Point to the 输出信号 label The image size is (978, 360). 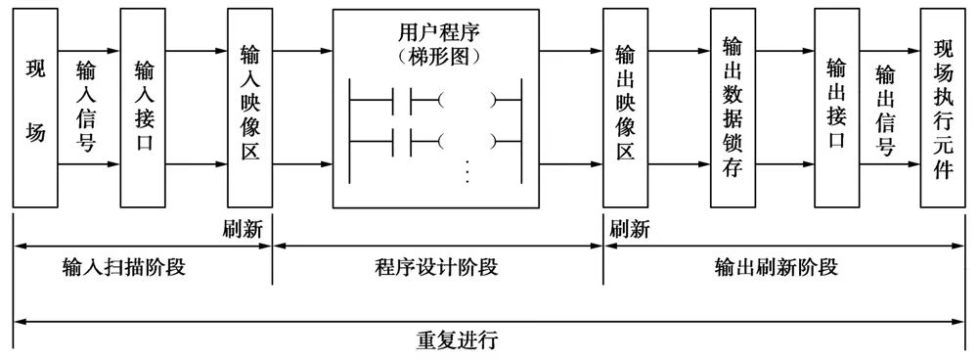pyautogui.click(x=886, y=110)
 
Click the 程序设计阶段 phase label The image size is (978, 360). pyautogui.click(x=436, y=267)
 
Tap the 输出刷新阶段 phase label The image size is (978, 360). pyautogui.click(x=790, y=267)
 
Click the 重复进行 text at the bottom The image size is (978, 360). pyautogui.click(x=465, y=342)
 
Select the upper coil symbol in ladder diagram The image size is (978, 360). pyautogui.click(x=467, y=99)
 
